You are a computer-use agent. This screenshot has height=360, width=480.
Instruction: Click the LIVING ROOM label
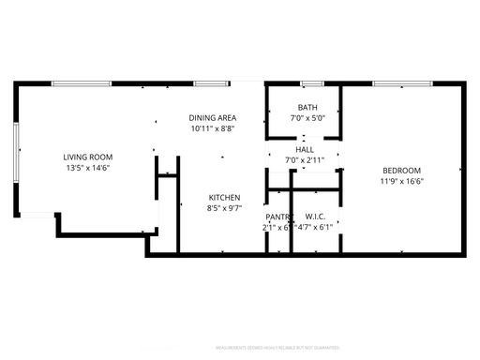point(88,157)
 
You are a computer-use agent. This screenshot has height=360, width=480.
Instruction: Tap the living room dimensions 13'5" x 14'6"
point(88,169)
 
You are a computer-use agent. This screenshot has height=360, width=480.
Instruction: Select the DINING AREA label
point(214,117)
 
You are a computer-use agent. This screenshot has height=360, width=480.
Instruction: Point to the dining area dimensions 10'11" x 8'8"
point(214,128)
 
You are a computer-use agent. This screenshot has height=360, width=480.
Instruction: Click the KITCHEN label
point(225,197)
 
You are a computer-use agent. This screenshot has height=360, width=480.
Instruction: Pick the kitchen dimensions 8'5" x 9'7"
point(225,208)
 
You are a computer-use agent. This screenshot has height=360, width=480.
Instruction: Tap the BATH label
point(307,107)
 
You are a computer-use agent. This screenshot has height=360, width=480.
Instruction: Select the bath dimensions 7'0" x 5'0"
point(307,118)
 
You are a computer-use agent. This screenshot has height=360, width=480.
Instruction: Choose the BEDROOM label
point(401,170)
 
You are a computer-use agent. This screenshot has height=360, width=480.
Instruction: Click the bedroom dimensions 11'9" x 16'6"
point(401,181)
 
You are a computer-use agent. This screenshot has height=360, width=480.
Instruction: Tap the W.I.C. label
point(315,217)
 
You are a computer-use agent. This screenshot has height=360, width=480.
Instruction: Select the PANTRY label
point(278,217)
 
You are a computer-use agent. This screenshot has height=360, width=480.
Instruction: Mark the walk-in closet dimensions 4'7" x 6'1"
point(315,228)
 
